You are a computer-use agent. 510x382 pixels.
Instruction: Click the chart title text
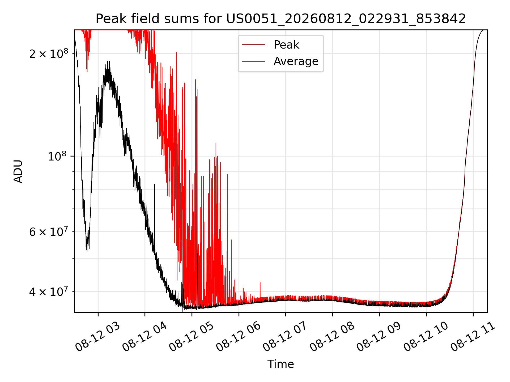pyautogui.click(x=281, y=19)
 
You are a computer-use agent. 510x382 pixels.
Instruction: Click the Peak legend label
pyautogui.click(x=286, y=45)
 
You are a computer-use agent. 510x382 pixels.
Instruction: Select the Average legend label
pyautogui.click(x=296, y=61)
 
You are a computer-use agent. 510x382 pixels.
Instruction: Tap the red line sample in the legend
pyautogui.click(x=254, y=45)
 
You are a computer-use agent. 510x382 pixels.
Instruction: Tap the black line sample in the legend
pyautogui.click(x=254, y=61)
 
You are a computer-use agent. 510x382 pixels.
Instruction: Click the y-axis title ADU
pyautogui.click(x=18, y=171)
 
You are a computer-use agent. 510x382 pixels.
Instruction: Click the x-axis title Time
pyautogui.click(x=281, y=364)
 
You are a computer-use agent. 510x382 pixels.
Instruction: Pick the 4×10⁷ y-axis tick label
pyautogui.click(x=49, y=291)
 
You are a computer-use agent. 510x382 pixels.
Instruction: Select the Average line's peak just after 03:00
pyautogui.click(x=108, y=62)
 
